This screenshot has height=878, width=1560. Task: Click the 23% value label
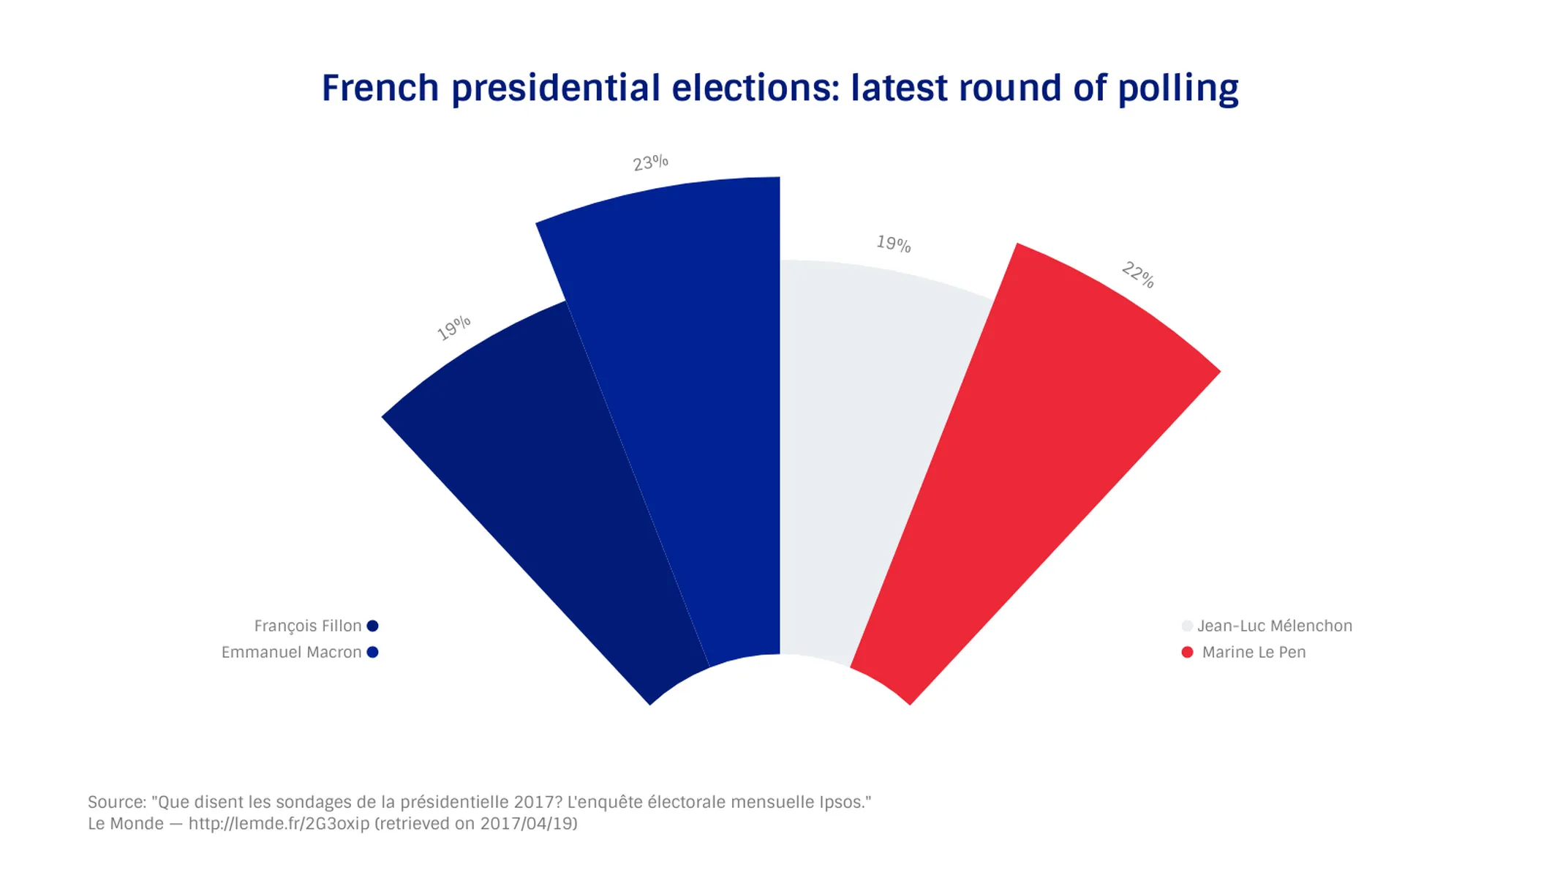pos(650,162)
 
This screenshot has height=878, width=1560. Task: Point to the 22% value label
pos(1138,274)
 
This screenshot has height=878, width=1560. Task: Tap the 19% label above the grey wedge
pos(894,243)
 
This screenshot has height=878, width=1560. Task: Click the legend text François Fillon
pos(307,626)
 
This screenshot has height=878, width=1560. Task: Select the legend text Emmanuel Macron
pos(291,653)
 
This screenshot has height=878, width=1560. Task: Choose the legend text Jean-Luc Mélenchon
pos(1275,626)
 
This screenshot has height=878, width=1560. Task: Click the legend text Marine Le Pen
pos(1254,653)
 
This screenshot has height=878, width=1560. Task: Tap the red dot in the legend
pos(1187,652)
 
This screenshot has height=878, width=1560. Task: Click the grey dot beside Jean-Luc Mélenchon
pos(1187,626)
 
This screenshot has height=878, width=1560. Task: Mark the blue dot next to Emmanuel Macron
pos(372,652)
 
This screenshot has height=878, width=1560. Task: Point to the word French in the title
pos(380,89)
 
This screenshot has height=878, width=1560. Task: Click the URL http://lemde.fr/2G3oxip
pos(279,824)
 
